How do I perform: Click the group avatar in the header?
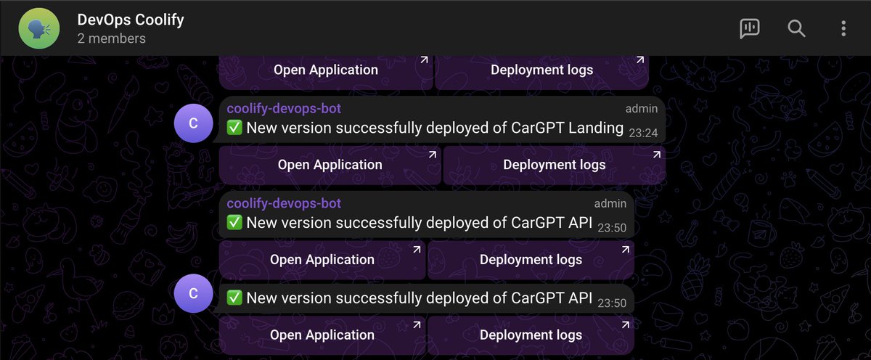(x=40, y=28)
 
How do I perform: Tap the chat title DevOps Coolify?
(x=131, y=20)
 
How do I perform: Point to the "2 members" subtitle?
(x=111, y=38)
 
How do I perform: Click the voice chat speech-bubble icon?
(x=749, y=28)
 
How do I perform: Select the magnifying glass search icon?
(x=796, y=28)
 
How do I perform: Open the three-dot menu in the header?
(x=843, y=28)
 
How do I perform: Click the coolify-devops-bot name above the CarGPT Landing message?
(x=284, y=109)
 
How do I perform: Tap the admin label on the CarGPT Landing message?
(x=642, y=109)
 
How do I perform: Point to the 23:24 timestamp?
(x=644, y=133)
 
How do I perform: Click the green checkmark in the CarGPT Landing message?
(x=234, y=128)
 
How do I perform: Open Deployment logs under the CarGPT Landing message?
(x=554, y=165)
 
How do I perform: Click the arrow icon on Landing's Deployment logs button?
(x=656, y=155)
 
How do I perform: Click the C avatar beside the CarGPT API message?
(x=193, y=294)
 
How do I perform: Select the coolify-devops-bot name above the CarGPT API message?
(x=284, y=203)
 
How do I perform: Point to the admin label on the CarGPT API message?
(x=610, y=203)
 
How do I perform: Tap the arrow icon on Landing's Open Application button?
(x=432, y=155)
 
